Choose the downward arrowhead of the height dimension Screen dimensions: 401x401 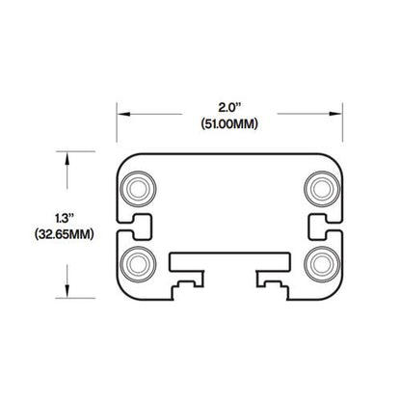(x=68, y=294)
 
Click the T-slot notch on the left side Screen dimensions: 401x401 (x=137, y=228)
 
